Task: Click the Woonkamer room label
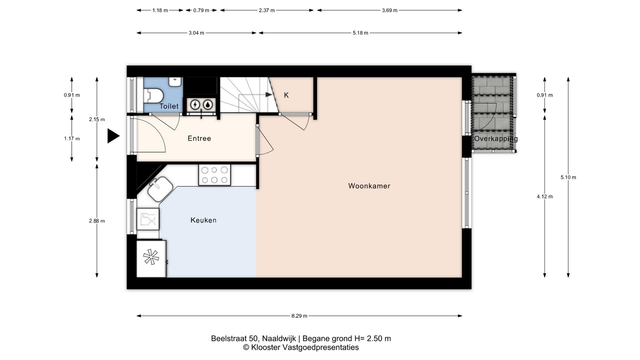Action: (369, 186)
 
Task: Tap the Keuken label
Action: (203, 220)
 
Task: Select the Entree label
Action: (199, 138)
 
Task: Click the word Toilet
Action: (169, 106)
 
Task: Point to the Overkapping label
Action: (496, 139)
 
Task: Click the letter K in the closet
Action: (286, 95)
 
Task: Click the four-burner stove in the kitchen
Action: (214, 175)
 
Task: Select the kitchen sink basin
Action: (160, 189)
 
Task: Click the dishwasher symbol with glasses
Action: (148, 219)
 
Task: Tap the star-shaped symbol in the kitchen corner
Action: (151, 257)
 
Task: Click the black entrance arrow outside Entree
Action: (113, 136)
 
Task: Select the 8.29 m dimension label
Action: (299, 316)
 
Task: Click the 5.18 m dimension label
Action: (360, 33)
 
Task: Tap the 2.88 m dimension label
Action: (97, 221)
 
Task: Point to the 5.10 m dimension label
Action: (568, 177)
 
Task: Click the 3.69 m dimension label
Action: (390, 10)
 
